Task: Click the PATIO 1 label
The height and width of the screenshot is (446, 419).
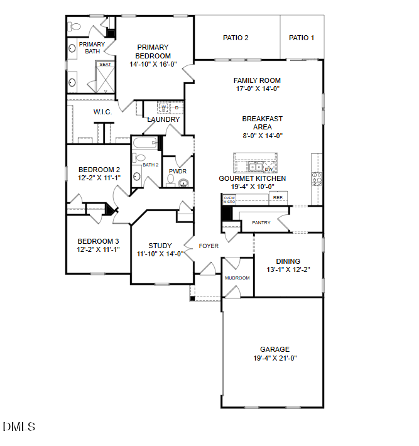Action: click(302, 38)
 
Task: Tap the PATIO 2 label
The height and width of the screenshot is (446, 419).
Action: click(236, 38)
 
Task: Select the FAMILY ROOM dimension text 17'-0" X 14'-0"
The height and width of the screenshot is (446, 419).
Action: click(257, 89)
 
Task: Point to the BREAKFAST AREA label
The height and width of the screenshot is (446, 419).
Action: click(263, 122)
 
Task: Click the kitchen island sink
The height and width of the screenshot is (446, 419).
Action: click(254, 167)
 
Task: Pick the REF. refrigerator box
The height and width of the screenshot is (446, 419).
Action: click(278, 198)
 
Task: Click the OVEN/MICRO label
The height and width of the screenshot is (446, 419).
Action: click(229, 200)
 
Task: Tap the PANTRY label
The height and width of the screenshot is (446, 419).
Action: click(261, 222)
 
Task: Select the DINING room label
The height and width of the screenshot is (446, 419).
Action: click(288, 261)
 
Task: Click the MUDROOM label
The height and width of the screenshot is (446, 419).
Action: click(237, 278)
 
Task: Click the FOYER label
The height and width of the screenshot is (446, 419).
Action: click(209, 246)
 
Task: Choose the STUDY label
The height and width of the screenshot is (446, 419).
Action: click(160, 246)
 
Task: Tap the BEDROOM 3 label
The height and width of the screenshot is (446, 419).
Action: click(98, 241)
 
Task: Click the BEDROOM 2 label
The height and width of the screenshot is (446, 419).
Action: click(99, 170)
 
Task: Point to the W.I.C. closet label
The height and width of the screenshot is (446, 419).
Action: click(102, 112)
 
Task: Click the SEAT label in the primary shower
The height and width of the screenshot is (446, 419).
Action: click(105, 65)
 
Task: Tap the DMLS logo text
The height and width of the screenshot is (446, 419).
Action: click(19, 427)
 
